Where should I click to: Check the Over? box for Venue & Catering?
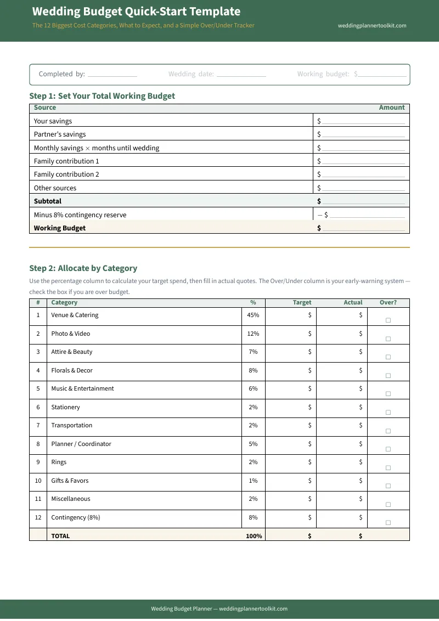(388, 320)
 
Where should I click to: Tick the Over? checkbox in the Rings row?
(388, 467)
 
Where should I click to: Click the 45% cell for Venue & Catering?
(253, 315)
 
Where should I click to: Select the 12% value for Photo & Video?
(253, 334)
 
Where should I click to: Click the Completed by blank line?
(112, 75)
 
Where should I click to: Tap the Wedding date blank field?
(241, 75)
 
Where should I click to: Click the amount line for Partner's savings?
(363, 135)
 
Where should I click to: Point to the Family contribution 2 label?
(66, 174)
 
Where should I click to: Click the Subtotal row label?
(48, 201)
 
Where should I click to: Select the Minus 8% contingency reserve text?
(80, 215)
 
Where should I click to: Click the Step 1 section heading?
(102, 96)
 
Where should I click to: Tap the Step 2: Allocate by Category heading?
(83, 268)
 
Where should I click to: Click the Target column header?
(302, 302)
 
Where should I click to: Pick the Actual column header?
(353, 302)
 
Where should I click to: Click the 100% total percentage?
(254, 536)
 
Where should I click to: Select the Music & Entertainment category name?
(82, 388)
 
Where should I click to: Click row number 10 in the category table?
(38, 481)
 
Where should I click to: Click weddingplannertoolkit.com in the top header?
(372, 25)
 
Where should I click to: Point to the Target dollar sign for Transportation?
(310, 425)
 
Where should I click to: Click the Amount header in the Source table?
(391, 108)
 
